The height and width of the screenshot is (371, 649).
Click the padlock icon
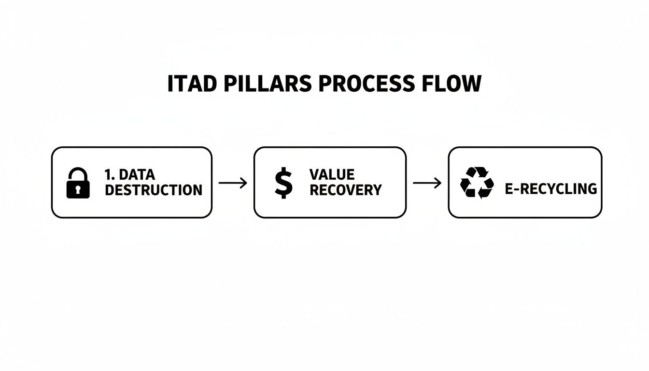78,183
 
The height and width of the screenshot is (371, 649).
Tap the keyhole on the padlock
78,190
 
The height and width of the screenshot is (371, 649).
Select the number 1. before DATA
110,174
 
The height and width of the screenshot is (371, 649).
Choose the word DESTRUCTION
154,190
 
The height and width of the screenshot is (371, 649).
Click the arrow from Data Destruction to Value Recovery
233,183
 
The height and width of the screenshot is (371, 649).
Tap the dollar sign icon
283,183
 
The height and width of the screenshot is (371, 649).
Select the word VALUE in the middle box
332,174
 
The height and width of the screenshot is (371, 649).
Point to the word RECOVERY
345,190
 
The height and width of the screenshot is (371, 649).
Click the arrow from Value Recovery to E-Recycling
427,183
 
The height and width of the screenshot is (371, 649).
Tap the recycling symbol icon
477,183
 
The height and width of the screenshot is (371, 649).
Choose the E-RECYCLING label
550,189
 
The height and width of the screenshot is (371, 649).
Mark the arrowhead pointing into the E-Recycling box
438,183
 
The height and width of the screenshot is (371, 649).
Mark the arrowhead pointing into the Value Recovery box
244,183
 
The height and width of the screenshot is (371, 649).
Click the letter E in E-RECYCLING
509,189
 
